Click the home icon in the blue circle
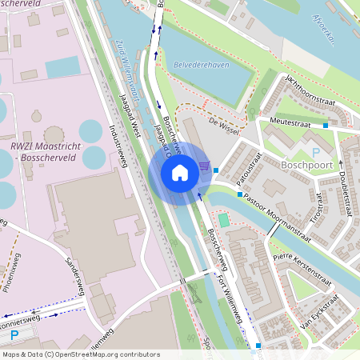(x=180, y=173)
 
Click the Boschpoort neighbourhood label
(x=308, y=166)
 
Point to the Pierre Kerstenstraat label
(x=302, y=265)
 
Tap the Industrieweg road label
(x=120, y=146)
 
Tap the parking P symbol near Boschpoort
(x=315, y=151)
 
